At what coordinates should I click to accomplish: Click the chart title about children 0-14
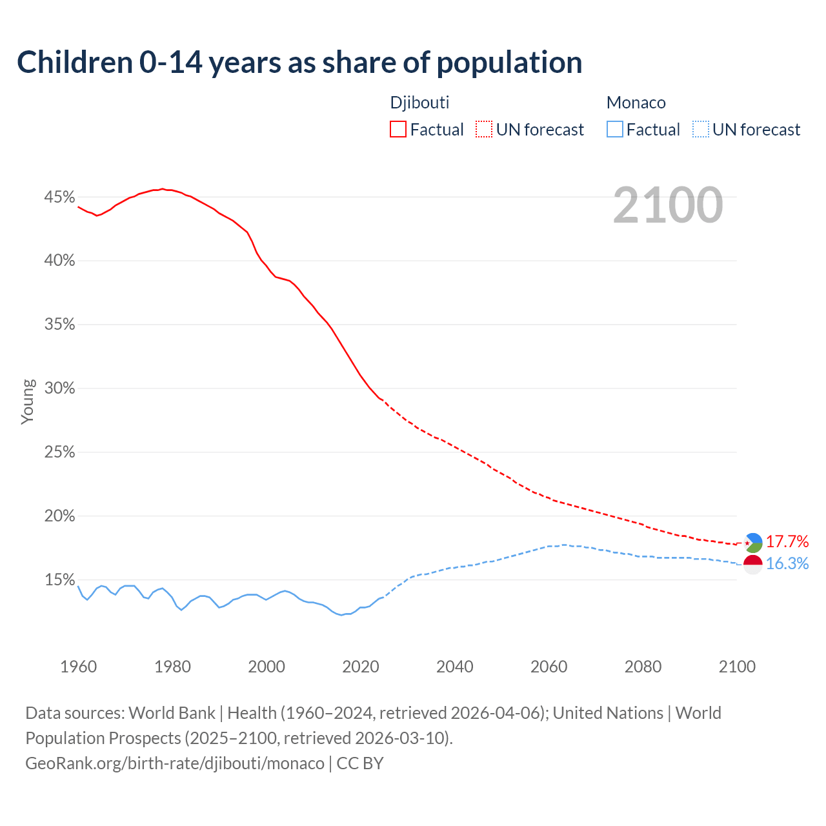click(299, 63)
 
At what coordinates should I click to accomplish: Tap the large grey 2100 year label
click(668, 205)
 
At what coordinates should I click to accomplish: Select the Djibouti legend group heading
click(419, 103)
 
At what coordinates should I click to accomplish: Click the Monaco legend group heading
click(636, 103)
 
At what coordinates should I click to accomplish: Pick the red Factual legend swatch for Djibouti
click(398, 130)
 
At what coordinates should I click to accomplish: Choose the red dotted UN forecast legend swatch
click(484, 130)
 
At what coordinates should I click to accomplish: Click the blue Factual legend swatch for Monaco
click(615, 130)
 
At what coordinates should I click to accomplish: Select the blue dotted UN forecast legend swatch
click(700, 130)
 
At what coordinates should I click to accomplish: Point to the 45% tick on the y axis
click(59, 197)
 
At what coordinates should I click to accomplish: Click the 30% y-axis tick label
click(59, 388)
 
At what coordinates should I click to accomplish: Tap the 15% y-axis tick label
click(59, 580)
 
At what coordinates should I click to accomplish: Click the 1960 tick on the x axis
click(78, 667)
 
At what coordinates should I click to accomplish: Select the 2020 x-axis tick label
click(361, 667)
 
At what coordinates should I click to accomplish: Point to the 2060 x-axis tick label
click(549, 667)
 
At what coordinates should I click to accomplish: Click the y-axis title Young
click(27, 401)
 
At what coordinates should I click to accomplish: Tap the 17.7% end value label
click(787, 541)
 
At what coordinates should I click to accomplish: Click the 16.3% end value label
click(787, 563)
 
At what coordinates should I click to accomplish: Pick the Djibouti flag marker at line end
click(753, 543)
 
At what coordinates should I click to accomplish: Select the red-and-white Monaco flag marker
click(753, 565)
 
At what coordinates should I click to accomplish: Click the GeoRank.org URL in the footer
click(175, 763)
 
